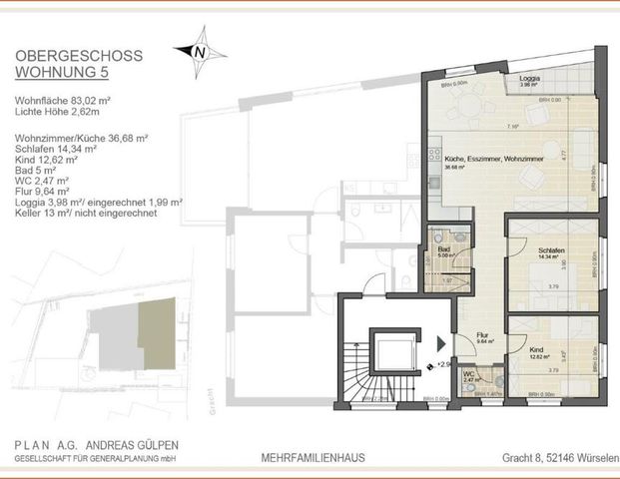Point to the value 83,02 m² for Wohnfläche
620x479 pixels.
(95, 100)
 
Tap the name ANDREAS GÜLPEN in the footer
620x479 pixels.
(134, 446)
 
